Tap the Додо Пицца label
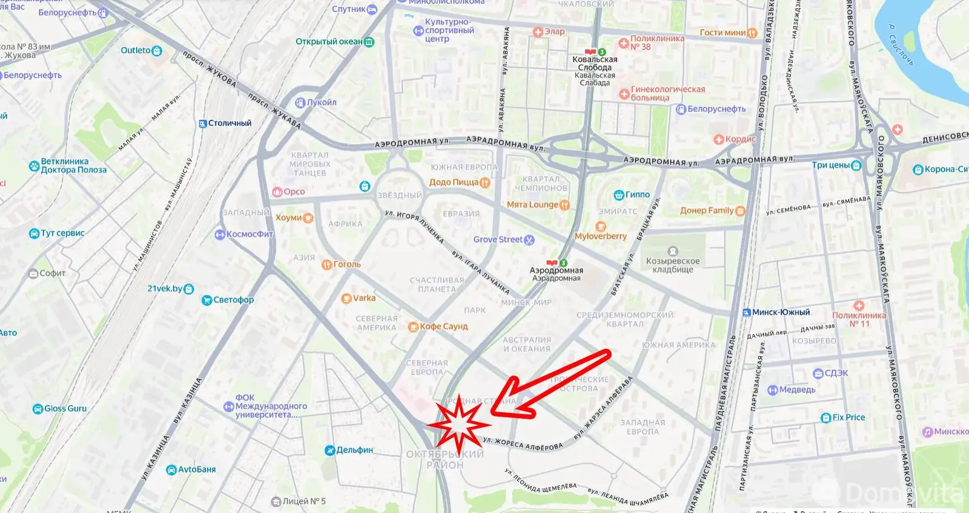(x=454, y=182)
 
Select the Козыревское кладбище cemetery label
(x=672, y=264)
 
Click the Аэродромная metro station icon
(x=552, y=263)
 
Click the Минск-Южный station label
(x=781, y=312)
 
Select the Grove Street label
(x=498, y=240)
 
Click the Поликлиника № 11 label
(x=859, y=319)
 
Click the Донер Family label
(x=707, y=211)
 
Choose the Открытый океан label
(x=329, y=42)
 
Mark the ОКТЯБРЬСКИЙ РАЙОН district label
(x=445, y=460)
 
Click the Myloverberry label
(x=600, y=236)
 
